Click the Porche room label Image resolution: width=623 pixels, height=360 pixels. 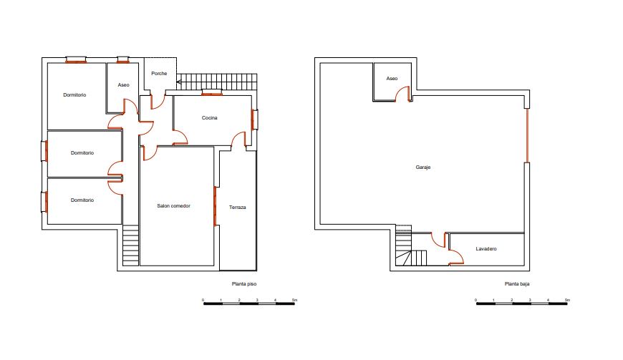pos(159,74)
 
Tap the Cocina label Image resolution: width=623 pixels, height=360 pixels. pos(209,118)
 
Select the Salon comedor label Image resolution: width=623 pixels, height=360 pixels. pos(173,206)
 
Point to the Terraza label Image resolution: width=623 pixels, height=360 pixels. pos(238,207)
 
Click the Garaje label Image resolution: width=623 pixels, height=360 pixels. pos(423,167)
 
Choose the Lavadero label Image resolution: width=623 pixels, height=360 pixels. pos(486,249)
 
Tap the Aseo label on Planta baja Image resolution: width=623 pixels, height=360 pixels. pos(392,79)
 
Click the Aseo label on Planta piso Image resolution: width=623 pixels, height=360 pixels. pos(124,85)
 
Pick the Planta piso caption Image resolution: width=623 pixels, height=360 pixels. pos(244,284)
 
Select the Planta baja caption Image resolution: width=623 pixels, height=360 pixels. pos(517,284)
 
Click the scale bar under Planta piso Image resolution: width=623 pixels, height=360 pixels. pos(249,303)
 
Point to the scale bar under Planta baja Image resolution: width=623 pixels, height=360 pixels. pos(522,303)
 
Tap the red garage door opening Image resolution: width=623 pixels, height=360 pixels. pos(527,135)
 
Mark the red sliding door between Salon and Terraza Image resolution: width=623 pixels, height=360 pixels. pos(215,206)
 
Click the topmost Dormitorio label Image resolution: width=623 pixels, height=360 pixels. pos(74,95)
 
